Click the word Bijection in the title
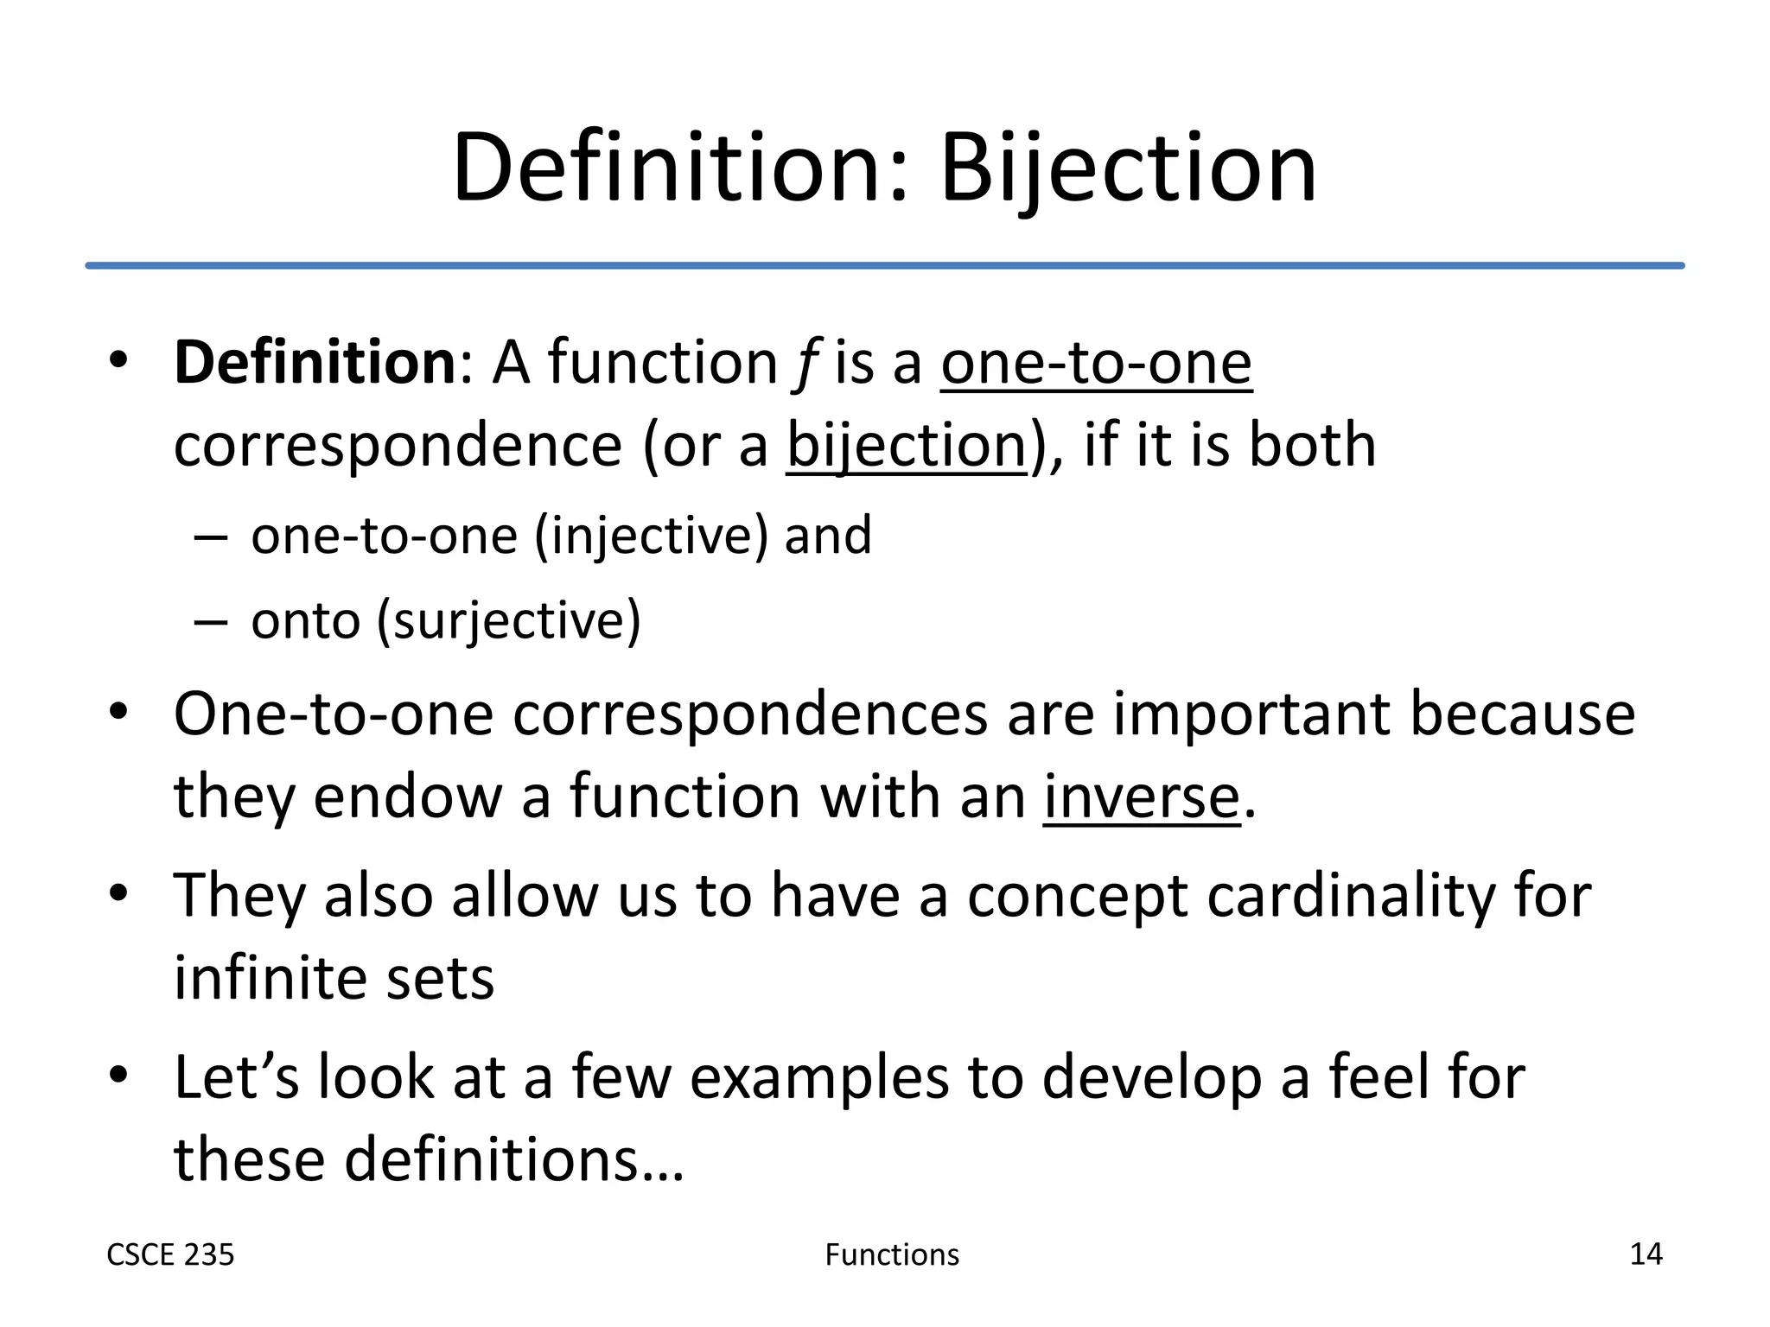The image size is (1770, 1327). (1128, 168)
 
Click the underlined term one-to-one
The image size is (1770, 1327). (1096, 362)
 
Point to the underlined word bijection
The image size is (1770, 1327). (906, 446)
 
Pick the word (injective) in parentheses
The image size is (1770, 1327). (651, 536)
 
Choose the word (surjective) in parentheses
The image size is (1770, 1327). (508, 620)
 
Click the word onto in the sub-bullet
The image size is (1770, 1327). (305, 620)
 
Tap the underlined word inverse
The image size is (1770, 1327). (1141, 797)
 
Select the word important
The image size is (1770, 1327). (1251, 714)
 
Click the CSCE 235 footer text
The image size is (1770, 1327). (170, 1254)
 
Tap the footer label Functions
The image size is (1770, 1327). (892, 1254)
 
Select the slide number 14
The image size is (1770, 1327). (1646, 1254)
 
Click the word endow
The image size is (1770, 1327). (407, 797)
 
